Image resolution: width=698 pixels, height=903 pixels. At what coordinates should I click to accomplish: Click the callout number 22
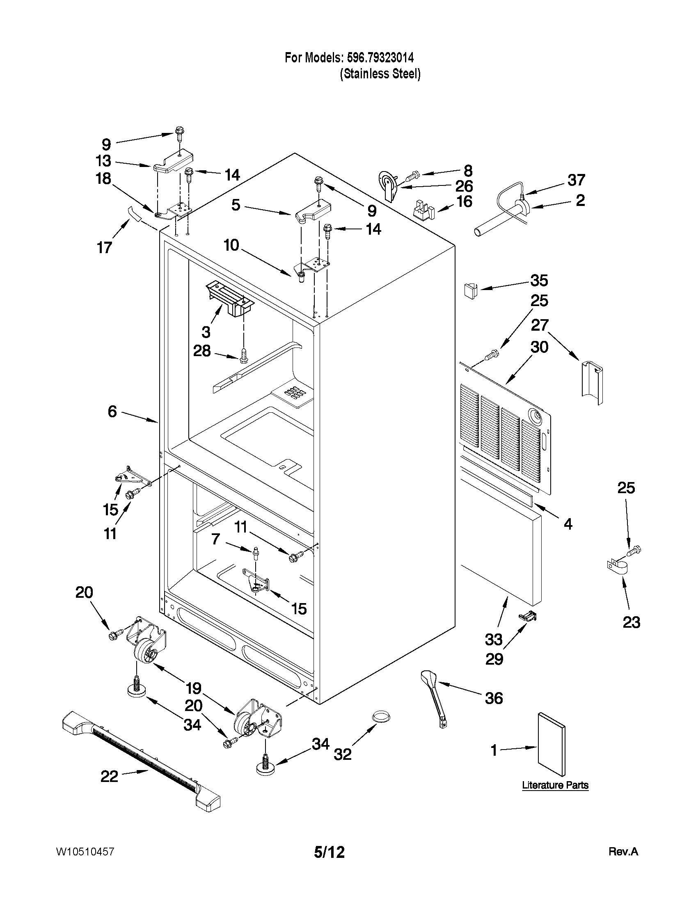pos(109,777)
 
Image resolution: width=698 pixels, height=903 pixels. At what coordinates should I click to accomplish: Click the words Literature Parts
pos(555,785)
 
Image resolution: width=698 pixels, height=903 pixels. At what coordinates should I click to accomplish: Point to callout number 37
pos(576,180)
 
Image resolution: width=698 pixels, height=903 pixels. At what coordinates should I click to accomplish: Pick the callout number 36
pos(494,698)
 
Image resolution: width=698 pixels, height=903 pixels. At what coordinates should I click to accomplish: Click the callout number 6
pos(112,411)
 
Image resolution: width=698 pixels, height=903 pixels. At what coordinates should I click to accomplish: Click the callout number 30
pos(539,347)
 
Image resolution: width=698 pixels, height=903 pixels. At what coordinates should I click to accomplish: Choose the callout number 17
pos(104,247)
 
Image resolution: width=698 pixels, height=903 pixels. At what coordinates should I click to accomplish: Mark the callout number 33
pos(494,639)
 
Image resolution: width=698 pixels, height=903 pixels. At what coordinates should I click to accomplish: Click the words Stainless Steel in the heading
pos(380,74)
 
